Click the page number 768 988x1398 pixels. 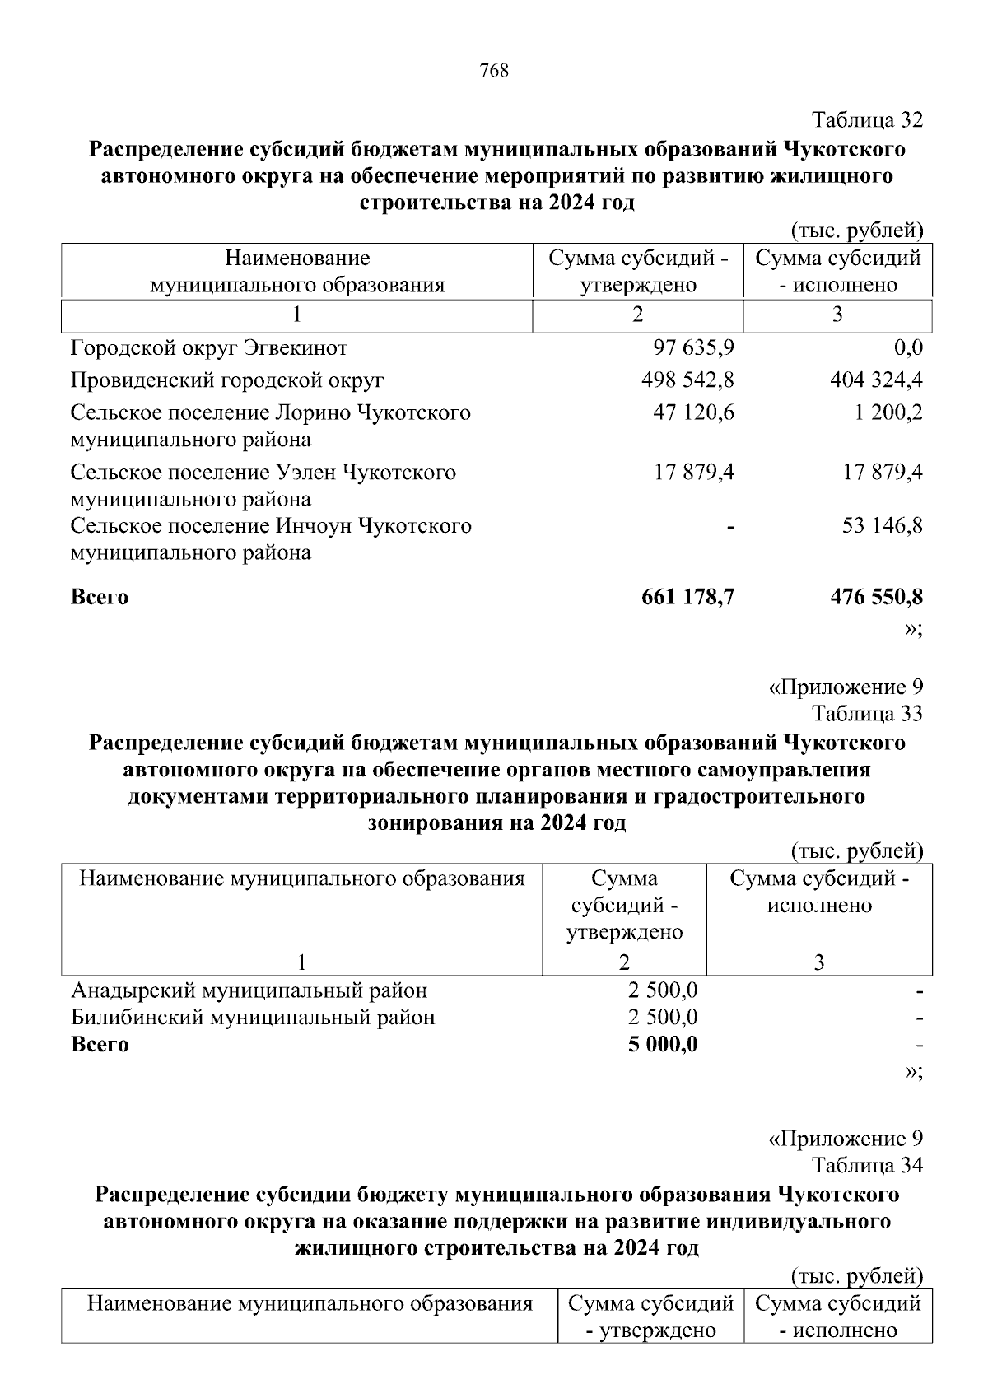(494, 71)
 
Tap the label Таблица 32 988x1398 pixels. (867, 120)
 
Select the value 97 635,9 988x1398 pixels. (693, 347)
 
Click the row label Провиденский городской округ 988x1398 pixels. (227, 380)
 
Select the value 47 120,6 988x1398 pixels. (693, 412)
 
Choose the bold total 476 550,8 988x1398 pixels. (877, 597)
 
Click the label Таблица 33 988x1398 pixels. (867, 713)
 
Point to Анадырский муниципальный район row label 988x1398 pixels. (249, 990)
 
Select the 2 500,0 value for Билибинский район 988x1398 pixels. (663, 1017)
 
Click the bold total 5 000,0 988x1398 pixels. (663, 1044)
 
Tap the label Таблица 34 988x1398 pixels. (867, 1165)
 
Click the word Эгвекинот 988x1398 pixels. (295, 348)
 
